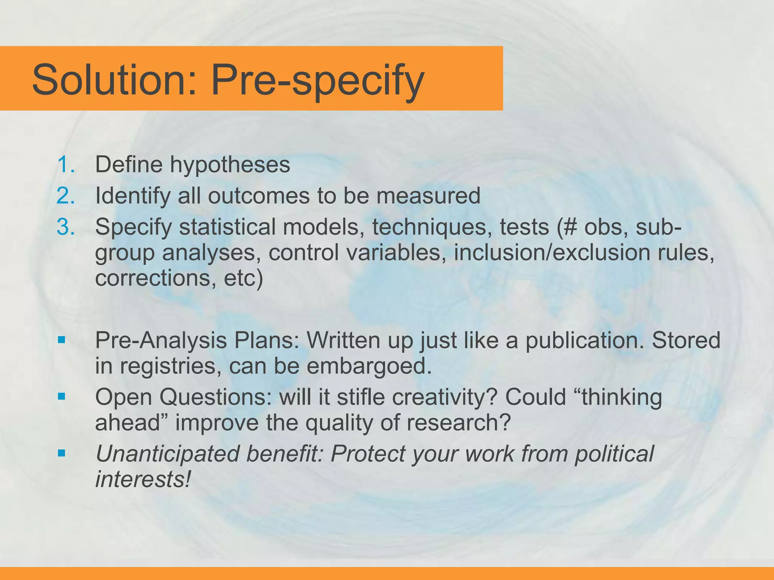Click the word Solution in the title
(113, 80)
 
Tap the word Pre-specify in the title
(317, 80)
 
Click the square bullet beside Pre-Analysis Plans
(62, 340)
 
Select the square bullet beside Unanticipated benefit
(62, 453)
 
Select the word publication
(584, 340)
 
